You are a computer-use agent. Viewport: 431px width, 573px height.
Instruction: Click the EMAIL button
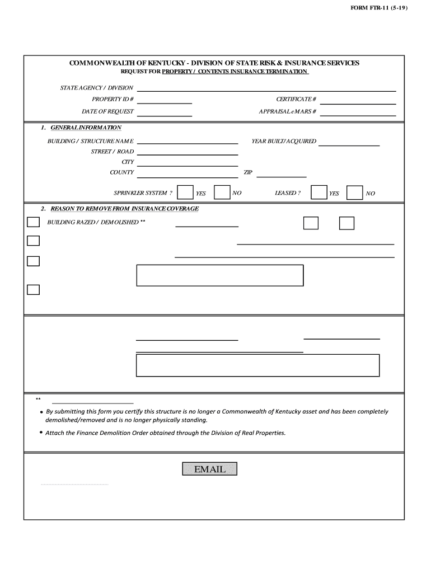click(x=210, y=469)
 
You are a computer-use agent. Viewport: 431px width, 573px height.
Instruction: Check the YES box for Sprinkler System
click(x=185, y=192)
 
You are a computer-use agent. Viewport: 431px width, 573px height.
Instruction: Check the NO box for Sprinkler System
click(x=222, y=192)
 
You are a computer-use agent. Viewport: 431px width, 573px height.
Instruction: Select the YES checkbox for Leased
click(x=319, y=192)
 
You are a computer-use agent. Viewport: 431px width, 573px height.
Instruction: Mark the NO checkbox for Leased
click(x=354, y=192)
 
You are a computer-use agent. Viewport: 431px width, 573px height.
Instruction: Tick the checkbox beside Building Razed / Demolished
click(x=34, y=222)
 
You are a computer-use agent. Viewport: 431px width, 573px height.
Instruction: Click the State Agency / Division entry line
click(x=266, y=88)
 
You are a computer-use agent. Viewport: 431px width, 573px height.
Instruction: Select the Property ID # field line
click(x=165, y=101)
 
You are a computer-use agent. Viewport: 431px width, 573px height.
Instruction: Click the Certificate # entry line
click(x=358, y=101)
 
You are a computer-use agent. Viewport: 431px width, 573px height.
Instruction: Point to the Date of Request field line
click(x=165, y=113)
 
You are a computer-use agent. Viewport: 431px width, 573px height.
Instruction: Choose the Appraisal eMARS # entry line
click(x=358, y=113)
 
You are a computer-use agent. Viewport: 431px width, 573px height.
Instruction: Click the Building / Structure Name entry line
click(x=188, y=142)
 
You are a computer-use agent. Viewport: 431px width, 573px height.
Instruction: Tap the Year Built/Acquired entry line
click(x=349, y=143)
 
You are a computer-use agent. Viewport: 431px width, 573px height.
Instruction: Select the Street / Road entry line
click(x=188, y=152)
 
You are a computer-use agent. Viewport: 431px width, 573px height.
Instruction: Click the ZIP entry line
click(x=282, y=173)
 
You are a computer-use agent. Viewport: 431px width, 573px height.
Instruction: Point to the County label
click(x=121, y=172)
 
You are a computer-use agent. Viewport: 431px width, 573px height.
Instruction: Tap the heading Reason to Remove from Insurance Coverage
click(x=124, y=209)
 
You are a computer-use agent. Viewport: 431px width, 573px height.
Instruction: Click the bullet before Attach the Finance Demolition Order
click(x=41, y=433)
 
